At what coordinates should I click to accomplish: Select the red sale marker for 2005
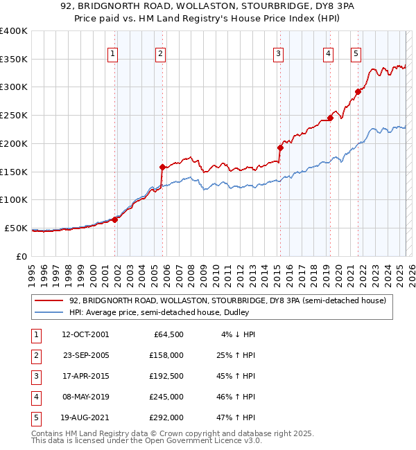[x=162, y=167]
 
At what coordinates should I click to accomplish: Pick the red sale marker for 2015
[x=281, y=147]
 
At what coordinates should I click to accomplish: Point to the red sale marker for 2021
[x=358, y=91]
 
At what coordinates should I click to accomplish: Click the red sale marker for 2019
[x=330, y=118]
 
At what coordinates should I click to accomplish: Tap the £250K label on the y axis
[x=13, y=116]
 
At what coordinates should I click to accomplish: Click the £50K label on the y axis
[x=16, y=228]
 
